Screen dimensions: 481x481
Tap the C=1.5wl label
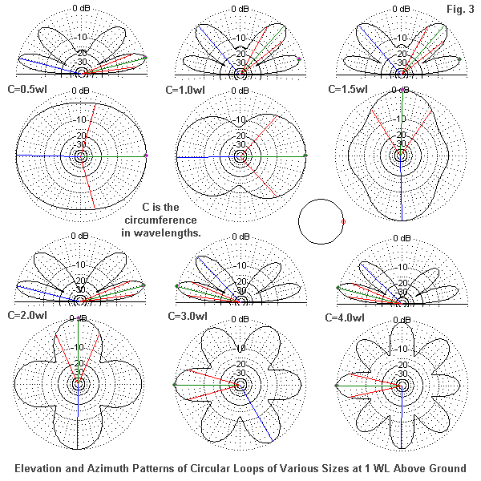click(348, 90)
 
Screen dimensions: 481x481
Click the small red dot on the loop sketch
click(343, 220)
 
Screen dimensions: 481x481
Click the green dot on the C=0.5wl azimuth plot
click(146, 155)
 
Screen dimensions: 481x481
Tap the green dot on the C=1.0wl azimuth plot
click(307, 155)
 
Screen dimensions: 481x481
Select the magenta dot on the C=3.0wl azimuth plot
click(174, 386)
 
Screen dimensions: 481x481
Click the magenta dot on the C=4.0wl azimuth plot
click(336, 386)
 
